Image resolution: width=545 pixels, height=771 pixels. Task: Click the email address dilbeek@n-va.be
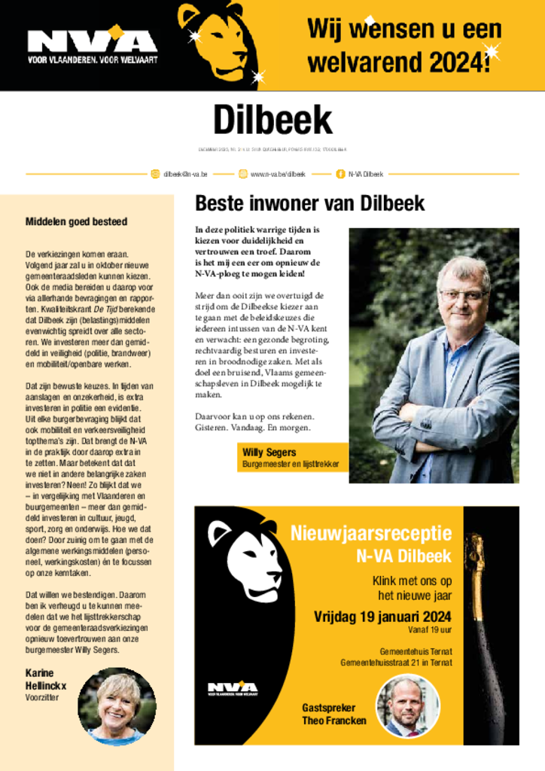(x=186, y=174)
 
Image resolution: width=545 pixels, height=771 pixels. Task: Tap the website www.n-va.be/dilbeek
(x=278, y=174)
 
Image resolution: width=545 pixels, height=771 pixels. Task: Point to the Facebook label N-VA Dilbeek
(x=366, y=174)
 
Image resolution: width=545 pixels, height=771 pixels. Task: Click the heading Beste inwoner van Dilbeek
(x=309, y=203)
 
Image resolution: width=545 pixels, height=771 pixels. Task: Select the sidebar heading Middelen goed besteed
(x=77, y=221)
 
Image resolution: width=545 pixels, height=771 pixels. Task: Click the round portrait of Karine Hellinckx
(x=117, y=706)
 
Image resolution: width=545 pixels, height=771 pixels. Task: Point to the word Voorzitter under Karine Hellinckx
(x=42, y=698)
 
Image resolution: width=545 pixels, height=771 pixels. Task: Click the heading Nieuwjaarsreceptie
(x=371, y=535)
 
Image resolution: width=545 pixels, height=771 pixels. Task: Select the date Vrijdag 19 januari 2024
(x=382, y=617)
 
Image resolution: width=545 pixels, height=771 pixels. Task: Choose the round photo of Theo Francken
(x=407, y=706)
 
